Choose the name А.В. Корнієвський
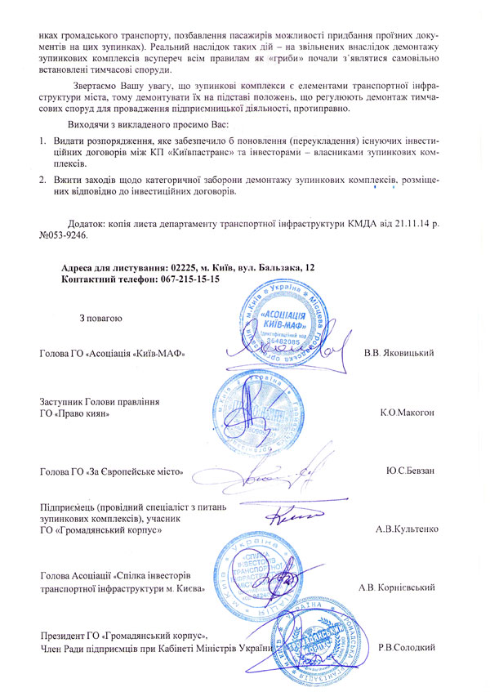tap(396, 587)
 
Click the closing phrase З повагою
tap(100, 318)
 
